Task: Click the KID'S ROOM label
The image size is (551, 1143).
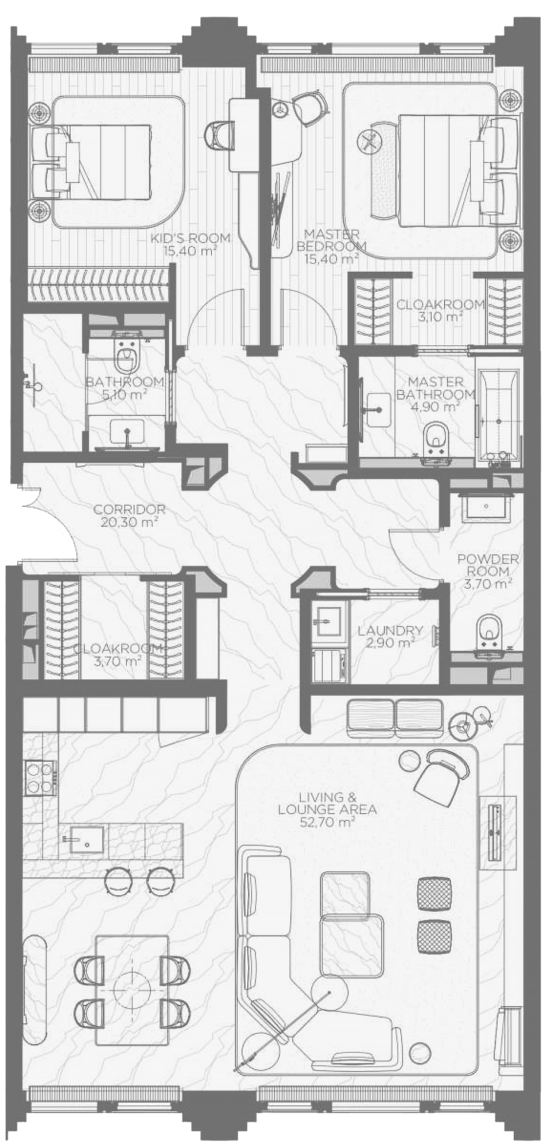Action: point(190,238)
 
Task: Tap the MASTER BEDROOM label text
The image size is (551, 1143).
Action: point(332,240)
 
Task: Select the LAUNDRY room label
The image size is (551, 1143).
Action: point(390,631)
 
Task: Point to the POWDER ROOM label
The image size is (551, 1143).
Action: point(488,565)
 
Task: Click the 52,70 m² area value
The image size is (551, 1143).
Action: point(328,822)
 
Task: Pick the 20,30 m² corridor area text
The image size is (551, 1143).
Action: point(130,522)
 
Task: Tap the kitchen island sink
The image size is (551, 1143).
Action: point(87,840)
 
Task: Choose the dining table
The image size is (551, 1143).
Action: point(132,989)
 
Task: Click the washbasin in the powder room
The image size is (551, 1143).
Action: point(487,506)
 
